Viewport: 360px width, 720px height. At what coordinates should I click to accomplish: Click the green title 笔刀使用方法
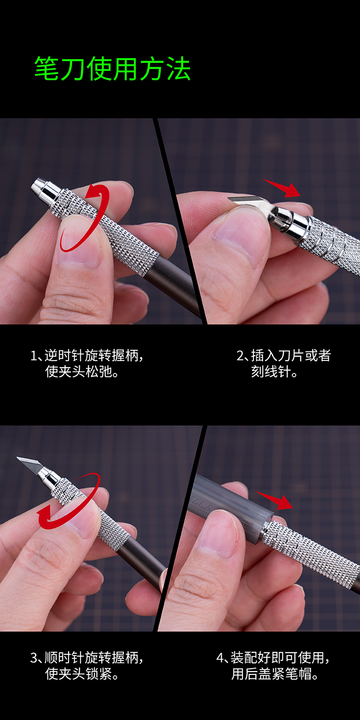[x=112, y=69]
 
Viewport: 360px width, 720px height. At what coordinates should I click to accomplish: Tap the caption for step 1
[x=87, y=363]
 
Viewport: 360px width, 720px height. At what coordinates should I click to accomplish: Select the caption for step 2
[x=284, y=363]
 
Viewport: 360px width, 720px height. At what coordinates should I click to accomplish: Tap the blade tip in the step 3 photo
[x=17, y=458]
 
